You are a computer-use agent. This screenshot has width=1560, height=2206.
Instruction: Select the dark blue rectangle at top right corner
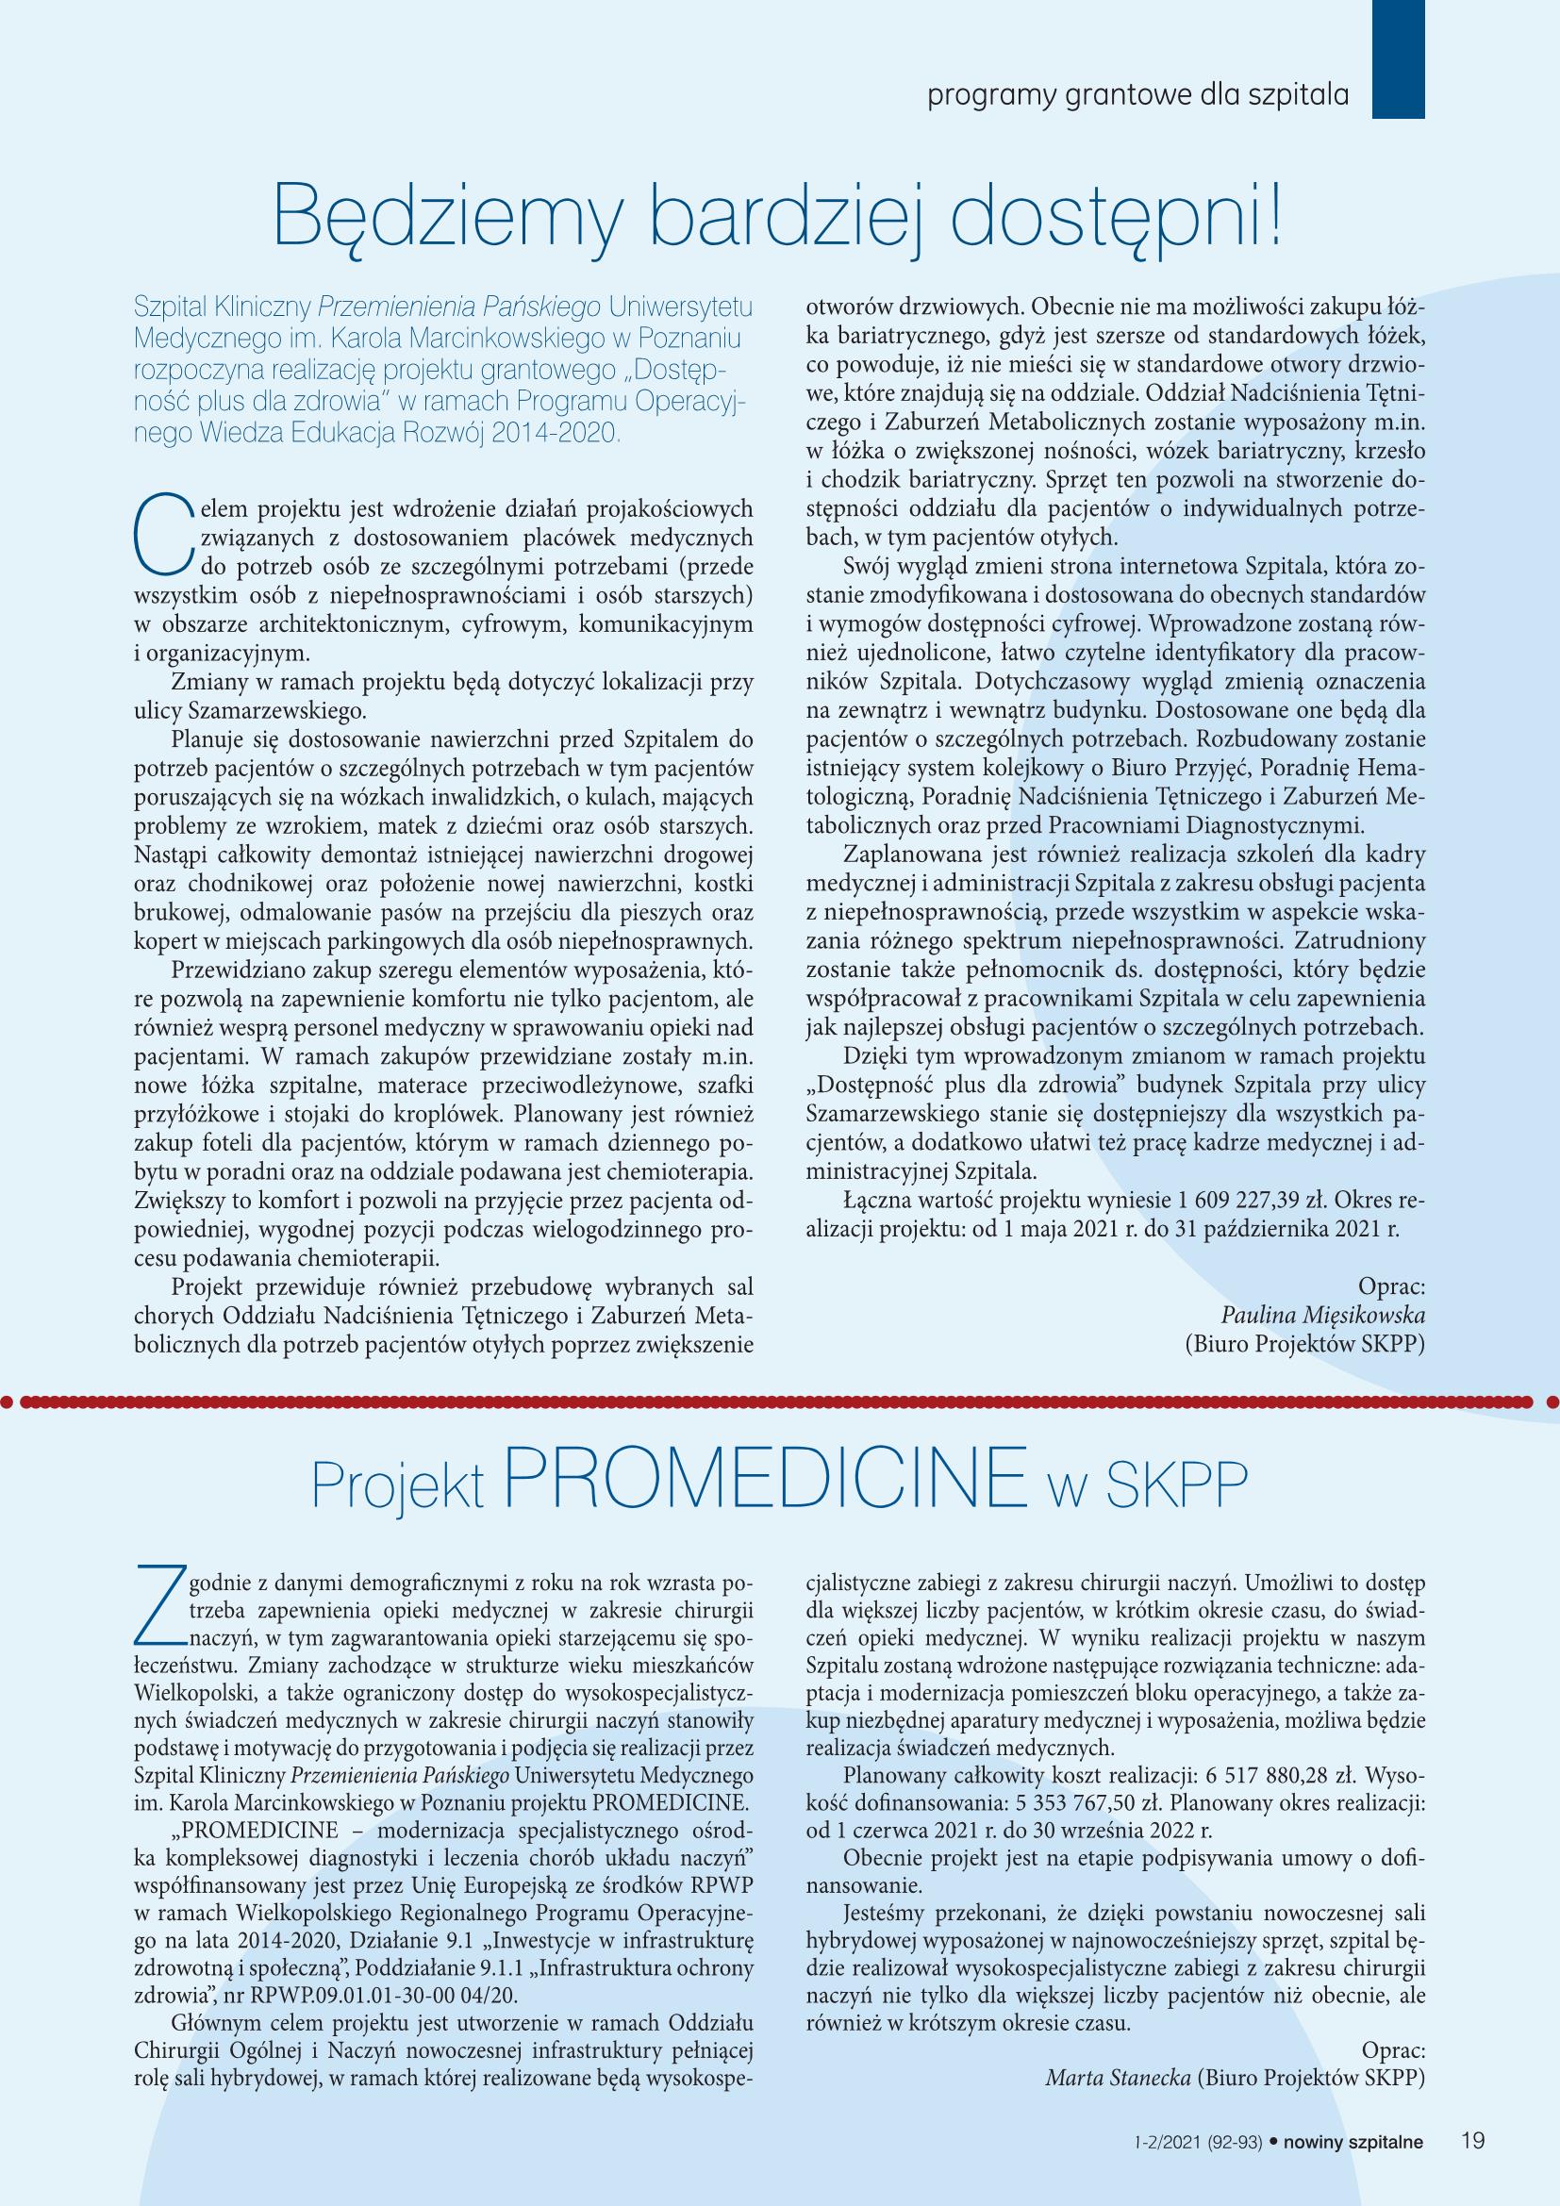[x=1397, y=58]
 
